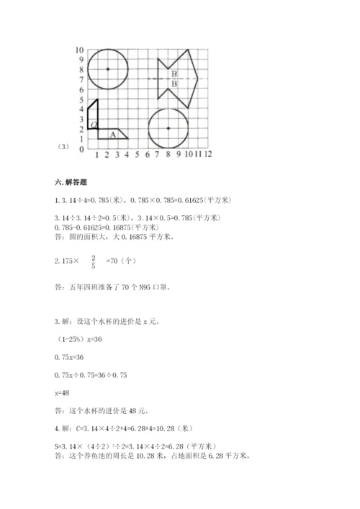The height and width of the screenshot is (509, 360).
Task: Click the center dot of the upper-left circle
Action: coord(107,69)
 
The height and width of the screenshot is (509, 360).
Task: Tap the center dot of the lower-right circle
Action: coord(168,129)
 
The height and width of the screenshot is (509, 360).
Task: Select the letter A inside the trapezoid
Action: coord(112,134)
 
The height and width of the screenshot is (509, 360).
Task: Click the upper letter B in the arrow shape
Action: coord(174,73)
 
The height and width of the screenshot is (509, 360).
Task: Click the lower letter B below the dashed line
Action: coord(174,84)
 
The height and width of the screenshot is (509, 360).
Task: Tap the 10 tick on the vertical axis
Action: coord(81,50)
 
